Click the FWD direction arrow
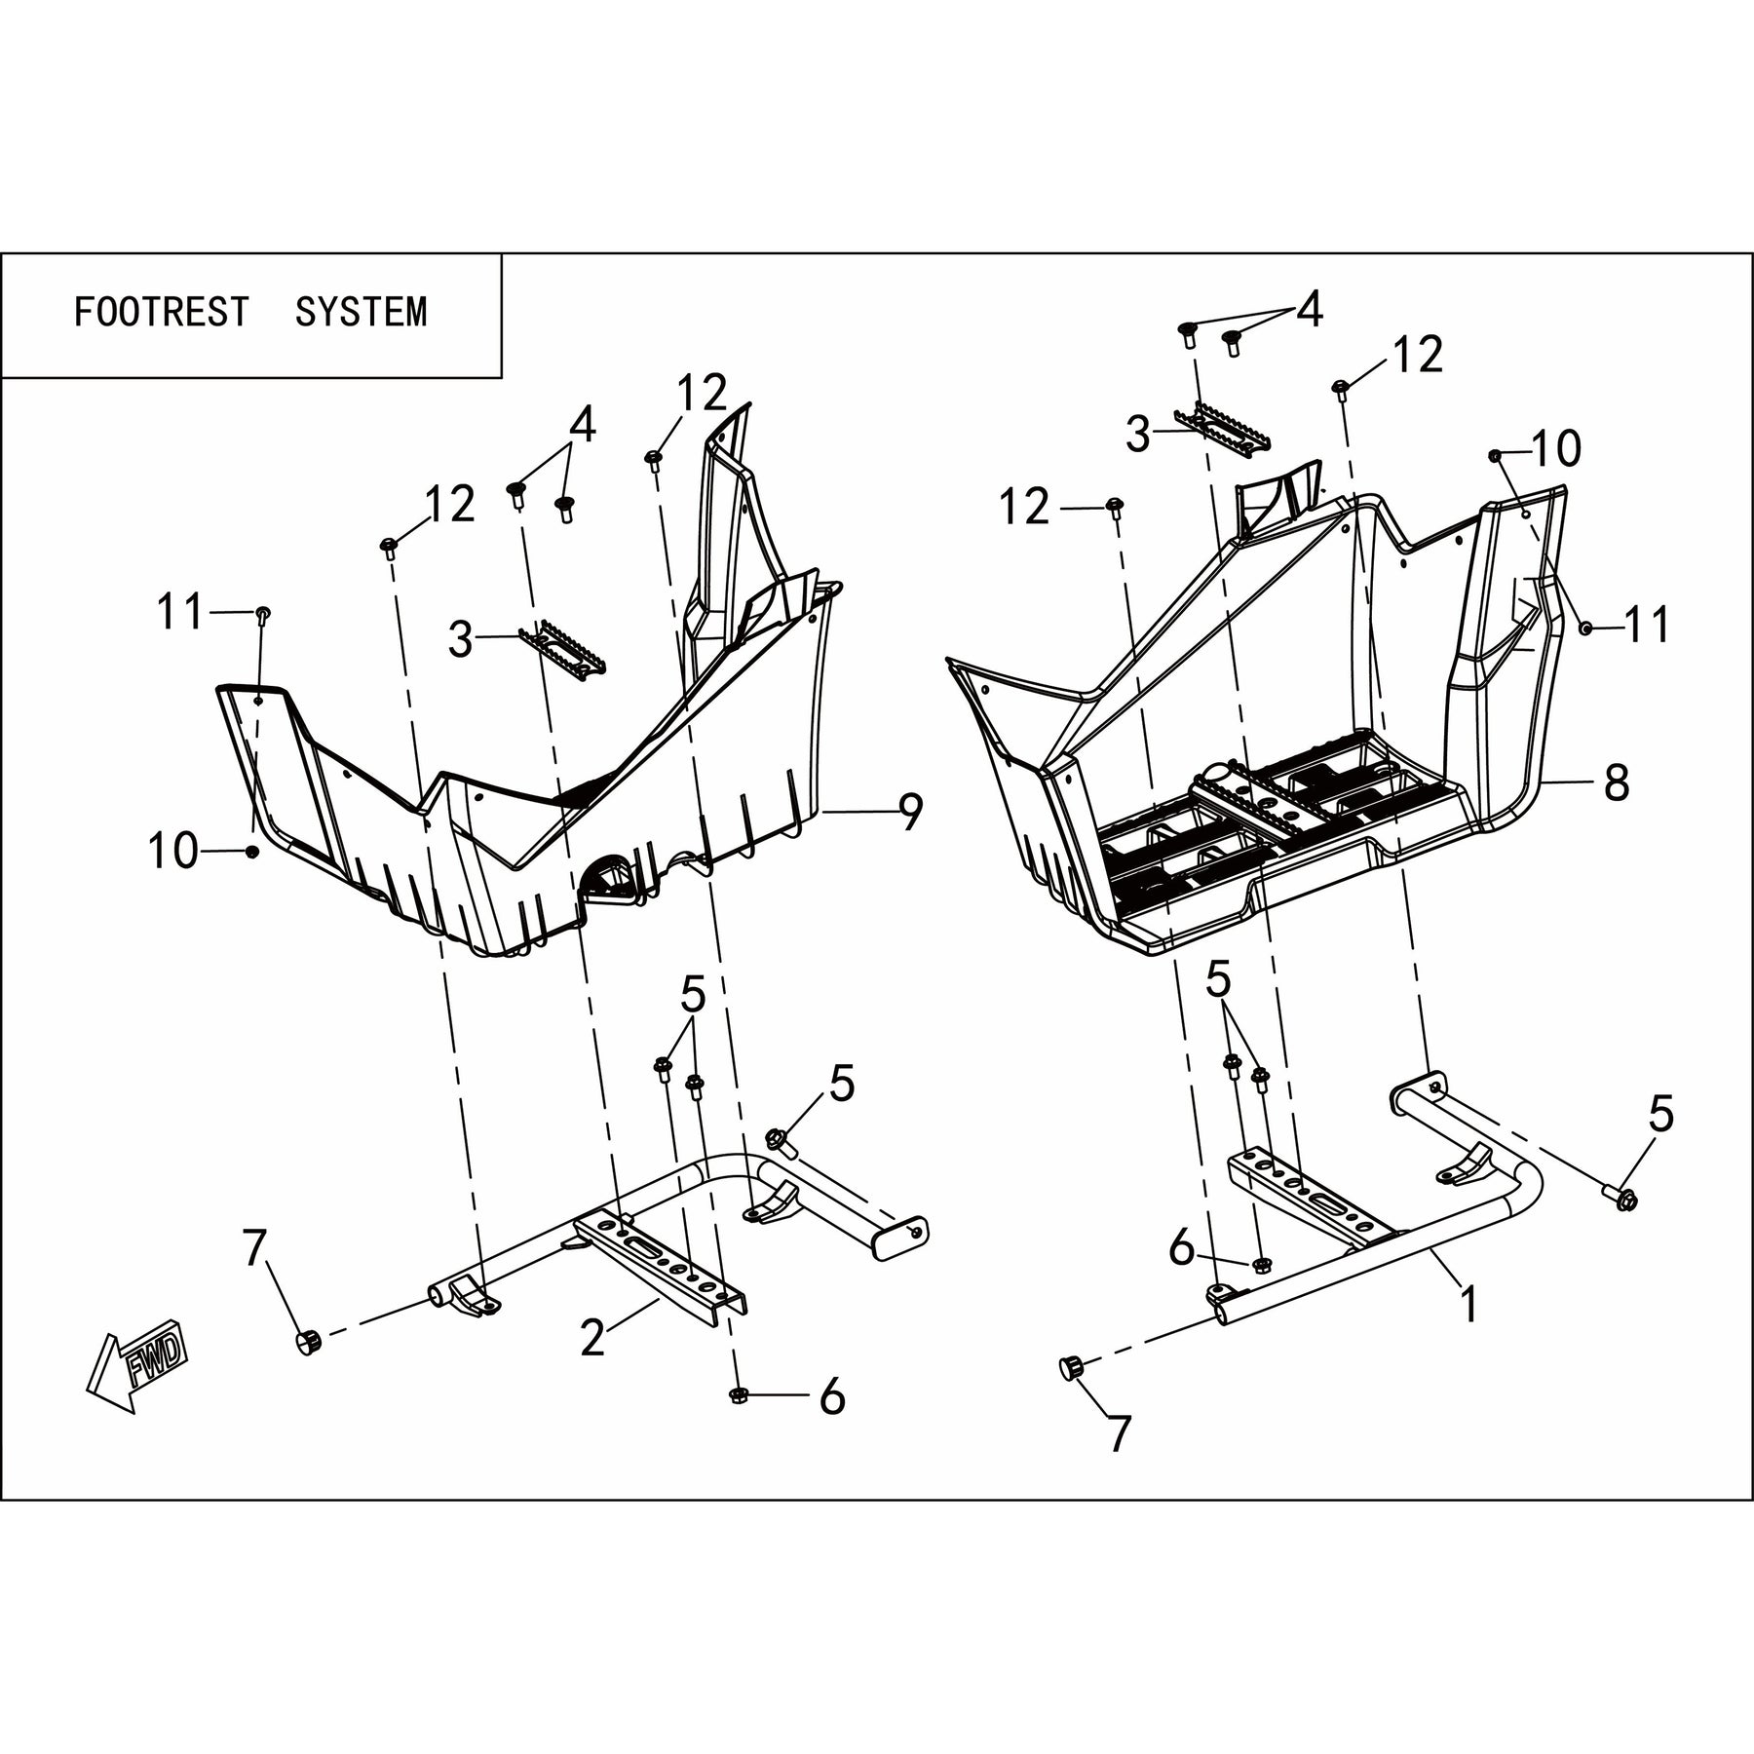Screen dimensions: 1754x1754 click(136, 1361)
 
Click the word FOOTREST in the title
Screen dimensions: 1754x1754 click(162, 312)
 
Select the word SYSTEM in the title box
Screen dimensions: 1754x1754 click(361, 312)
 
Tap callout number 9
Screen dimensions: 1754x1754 click(910, 813)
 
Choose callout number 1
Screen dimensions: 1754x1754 click(1468, 1304)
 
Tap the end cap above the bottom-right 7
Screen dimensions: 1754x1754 click(1072, 1368)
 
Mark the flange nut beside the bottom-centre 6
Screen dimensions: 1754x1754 click(738, 1396)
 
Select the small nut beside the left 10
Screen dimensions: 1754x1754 click(252, 853)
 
